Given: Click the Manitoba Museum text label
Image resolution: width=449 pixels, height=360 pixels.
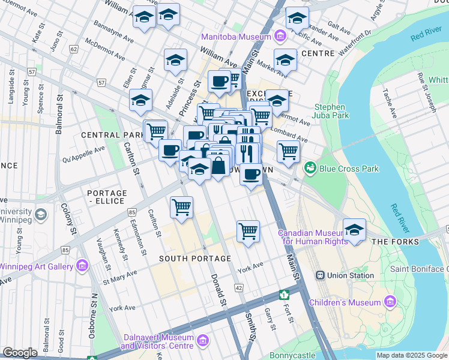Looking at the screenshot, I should tap(237, 37).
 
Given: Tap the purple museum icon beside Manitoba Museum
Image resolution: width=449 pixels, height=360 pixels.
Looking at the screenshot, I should tap(279, 37).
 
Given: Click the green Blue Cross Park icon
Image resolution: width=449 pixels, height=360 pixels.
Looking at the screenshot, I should tap(310, 169).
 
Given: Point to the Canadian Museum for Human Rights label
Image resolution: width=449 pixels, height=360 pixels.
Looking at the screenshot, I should tap(312, 237).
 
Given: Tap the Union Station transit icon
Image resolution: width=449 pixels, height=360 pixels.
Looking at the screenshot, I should tap(321, 275).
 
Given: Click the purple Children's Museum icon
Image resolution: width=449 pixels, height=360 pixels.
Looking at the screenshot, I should tap(391, 301).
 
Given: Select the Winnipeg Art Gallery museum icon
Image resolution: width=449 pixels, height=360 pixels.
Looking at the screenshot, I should tap(82, 266).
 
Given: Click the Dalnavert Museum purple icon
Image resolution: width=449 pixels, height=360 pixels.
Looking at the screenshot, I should tap(203, 342).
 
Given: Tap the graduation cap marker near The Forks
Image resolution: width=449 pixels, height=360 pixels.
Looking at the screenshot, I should tap(354, 230).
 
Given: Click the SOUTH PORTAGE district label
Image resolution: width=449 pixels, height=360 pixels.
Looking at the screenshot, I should tap(195, 259).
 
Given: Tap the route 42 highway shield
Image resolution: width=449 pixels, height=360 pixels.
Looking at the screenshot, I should tap(239, 289).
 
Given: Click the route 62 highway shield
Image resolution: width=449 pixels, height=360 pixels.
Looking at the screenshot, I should tap(74, 49).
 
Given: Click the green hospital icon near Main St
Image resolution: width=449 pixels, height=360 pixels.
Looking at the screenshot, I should tap(284, 295).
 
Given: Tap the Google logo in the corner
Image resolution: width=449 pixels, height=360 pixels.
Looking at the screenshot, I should tap(20, 353).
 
